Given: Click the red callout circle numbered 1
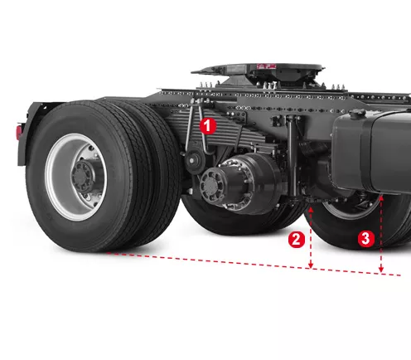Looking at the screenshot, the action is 208,126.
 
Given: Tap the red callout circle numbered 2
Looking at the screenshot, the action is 297,240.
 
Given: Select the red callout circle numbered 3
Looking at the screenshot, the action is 366,238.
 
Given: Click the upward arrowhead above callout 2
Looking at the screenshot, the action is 311,210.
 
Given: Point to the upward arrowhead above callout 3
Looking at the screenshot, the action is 381,197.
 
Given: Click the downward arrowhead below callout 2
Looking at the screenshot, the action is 311,265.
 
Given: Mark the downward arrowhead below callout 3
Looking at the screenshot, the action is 381,270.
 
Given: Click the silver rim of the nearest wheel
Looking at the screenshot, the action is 56,177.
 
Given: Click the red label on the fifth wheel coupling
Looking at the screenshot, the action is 267,66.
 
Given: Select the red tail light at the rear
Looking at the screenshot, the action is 19,132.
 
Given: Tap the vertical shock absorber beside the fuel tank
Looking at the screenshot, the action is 293,156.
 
